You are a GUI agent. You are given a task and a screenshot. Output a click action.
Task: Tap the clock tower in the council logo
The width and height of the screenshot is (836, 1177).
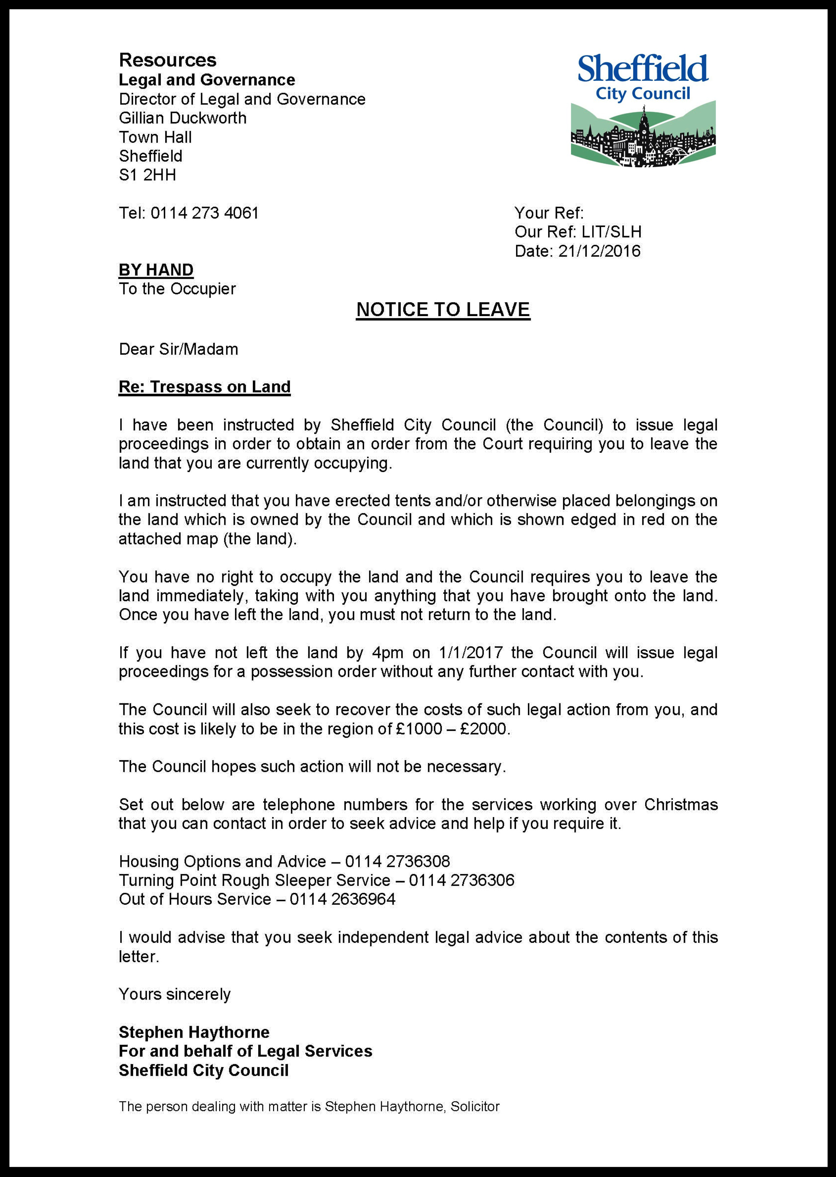[644, 126]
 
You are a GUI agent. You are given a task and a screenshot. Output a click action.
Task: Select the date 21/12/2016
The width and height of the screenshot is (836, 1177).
[599, 251]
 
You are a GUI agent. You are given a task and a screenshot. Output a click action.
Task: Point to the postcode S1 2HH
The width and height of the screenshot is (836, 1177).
[148, 175]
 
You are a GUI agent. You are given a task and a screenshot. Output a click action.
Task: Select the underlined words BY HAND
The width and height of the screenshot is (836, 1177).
[156, 270]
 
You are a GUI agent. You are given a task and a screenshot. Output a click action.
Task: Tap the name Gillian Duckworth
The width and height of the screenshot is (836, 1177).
[183, 118]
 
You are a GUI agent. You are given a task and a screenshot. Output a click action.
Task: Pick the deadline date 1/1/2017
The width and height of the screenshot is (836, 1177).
[471, 653]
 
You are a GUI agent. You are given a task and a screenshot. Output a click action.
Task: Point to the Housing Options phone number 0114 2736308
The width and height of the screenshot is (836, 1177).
[397, 861]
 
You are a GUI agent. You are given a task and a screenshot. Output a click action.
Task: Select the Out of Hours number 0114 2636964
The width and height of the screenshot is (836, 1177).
[342, 899]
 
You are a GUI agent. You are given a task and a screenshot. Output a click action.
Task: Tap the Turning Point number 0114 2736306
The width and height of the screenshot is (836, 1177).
[462, 880]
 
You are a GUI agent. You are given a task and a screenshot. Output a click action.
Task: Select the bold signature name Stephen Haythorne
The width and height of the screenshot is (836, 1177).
[194, 1032]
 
